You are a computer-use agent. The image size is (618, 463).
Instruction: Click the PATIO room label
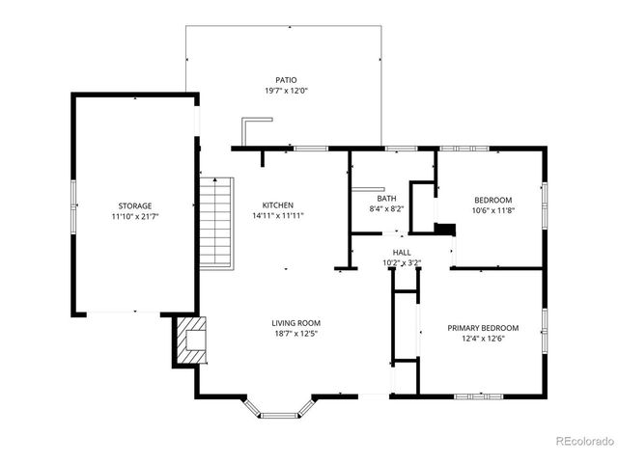285,80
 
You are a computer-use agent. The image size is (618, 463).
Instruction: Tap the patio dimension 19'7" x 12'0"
285,91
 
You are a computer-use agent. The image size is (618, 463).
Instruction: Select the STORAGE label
134,205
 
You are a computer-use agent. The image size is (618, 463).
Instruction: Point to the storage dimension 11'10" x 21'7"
134,216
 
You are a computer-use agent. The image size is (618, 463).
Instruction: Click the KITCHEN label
278,205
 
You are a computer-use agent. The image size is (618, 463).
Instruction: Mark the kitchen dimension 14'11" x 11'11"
278,216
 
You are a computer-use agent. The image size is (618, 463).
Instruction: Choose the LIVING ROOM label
295,323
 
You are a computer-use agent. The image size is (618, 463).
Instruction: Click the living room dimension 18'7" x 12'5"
295,334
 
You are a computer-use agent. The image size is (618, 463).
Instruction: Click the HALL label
401,251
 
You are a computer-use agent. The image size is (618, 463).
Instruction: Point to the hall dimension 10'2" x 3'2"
401,261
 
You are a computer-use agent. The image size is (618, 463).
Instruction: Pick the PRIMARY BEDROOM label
483,328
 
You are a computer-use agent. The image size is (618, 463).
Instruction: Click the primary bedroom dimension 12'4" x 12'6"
483,339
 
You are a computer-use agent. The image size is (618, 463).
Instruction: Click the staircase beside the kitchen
217,223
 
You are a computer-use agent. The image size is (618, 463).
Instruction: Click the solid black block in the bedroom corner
444,230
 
